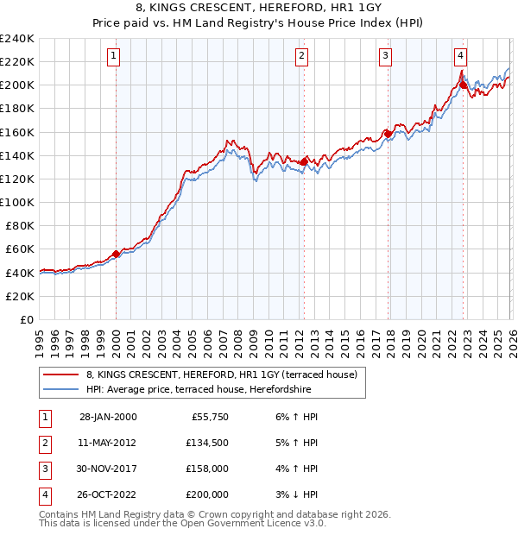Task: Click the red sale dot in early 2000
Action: tap(116, 254)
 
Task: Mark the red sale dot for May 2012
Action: tap(304, 161)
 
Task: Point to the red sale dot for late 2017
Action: tap(388, 134)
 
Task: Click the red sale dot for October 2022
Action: tap(464, 85)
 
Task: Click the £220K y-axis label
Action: tap(17, 61)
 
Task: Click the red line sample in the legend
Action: tap(60, 374)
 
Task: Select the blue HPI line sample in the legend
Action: tap(60, 389)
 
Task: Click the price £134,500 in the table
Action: tap(206, 443)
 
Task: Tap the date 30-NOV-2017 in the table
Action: tap(108, 469)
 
